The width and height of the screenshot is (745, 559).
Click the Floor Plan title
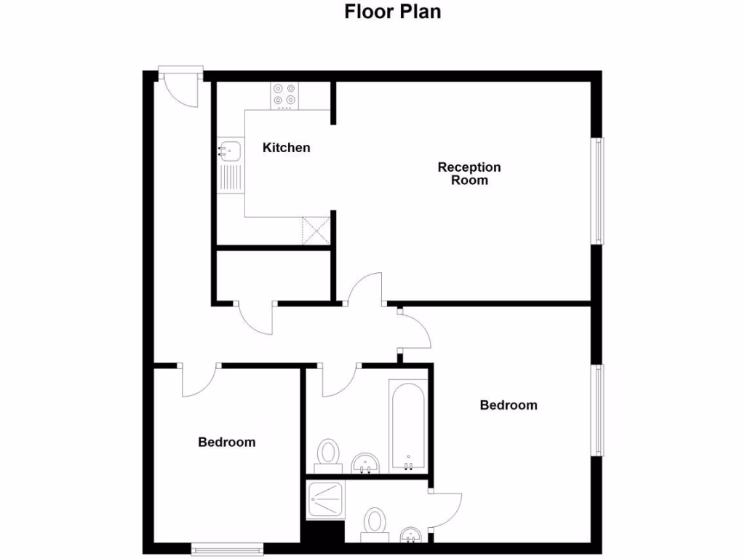point(392,12)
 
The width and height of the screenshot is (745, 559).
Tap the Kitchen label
point(286,148)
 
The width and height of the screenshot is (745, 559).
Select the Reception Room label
point(469,173)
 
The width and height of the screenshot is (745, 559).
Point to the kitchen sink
point(230,151)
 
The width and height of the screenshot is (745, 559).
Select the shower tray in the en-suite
point(324,501)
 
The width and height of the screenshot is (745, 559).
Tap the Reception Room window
point(598,191)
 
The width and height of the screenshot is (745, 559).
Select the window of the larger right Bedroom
point(598,411)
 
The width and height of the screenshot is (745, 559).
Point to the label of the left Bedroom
point(226,442)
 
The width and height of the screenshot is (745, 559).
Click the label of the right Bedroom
point(508,405)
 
